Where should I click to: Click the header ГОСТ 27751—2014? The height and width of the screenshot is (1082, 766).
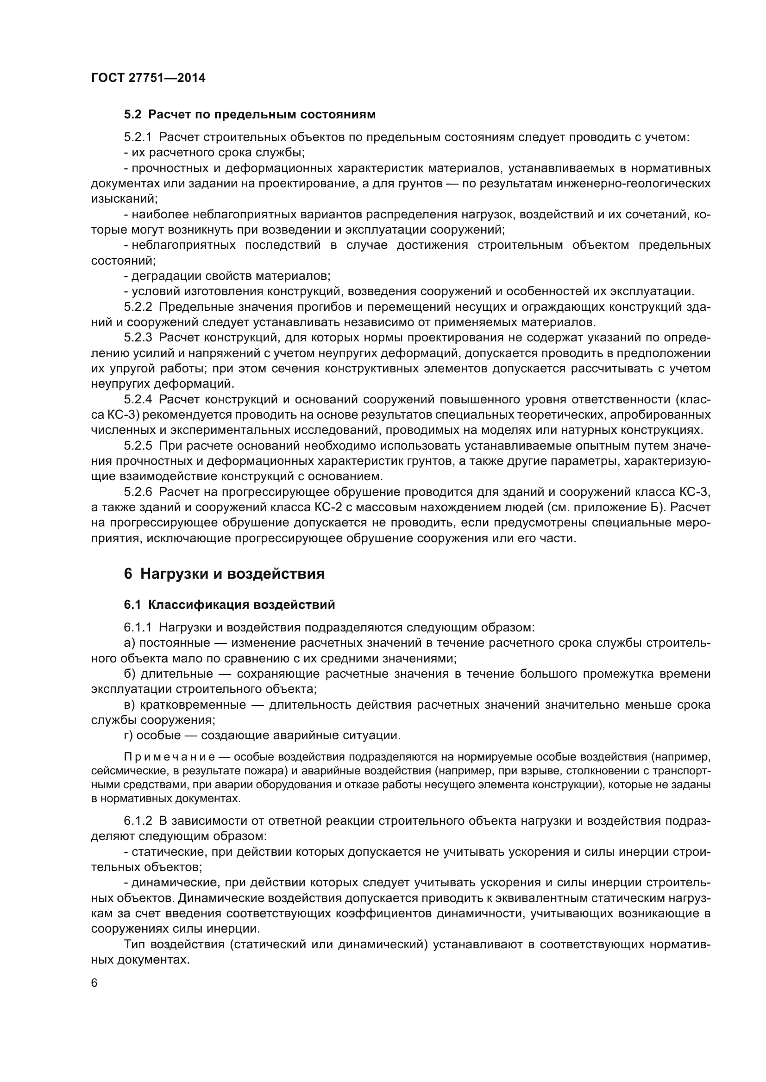click(148, 78)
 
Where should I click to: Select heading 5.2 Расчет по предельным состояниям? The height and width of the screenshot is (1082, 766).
click(250, 115)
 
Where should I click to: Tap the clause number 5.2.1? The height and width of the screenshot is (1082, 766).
click(138, 137)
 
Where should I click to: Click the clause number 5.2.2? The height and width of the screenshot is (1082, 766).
click(138, 307)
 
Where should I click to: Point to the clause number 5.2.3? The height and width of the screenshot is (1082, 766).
click(138, 338)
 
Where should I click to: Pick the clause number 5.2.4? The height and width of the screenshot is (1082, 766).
click(138, 400)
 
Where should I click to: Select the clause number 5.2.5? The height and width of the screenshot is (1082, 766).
click(138, 446)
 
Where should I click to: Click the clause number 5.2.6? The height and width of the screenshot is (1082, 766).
click(138, 492)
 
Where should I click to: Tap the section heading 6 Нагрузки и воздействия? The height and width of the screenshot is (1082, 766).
click(224, 574)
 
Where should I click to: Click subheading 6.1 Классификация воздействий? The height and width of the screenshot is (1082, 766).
click(229, 605)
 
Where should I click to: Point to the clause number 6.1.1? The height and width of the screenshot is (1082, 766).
click(138, 628)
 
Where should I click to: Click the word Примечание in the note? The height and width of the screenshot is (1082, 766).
click(170, 757)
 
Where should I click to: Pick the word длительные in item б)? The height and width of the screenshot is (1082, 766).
click(176, 674)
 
